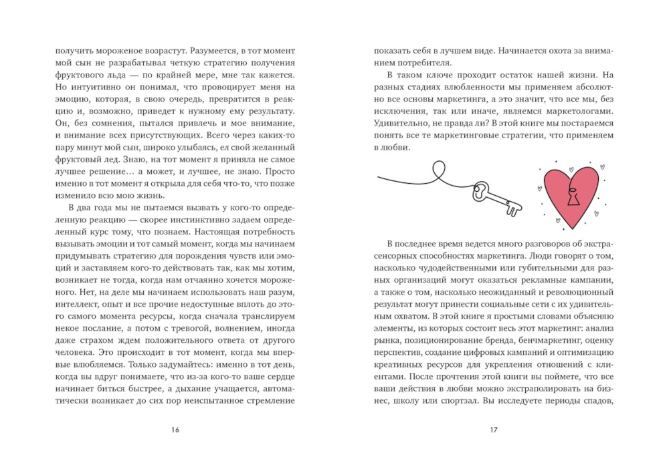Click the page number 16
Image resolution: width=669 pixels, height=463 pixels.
point(175,429)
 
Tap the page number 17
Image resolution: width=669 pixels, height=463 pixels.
point(494,429)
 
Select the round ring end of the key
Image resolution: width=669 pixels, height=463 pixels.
point(481,192)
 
